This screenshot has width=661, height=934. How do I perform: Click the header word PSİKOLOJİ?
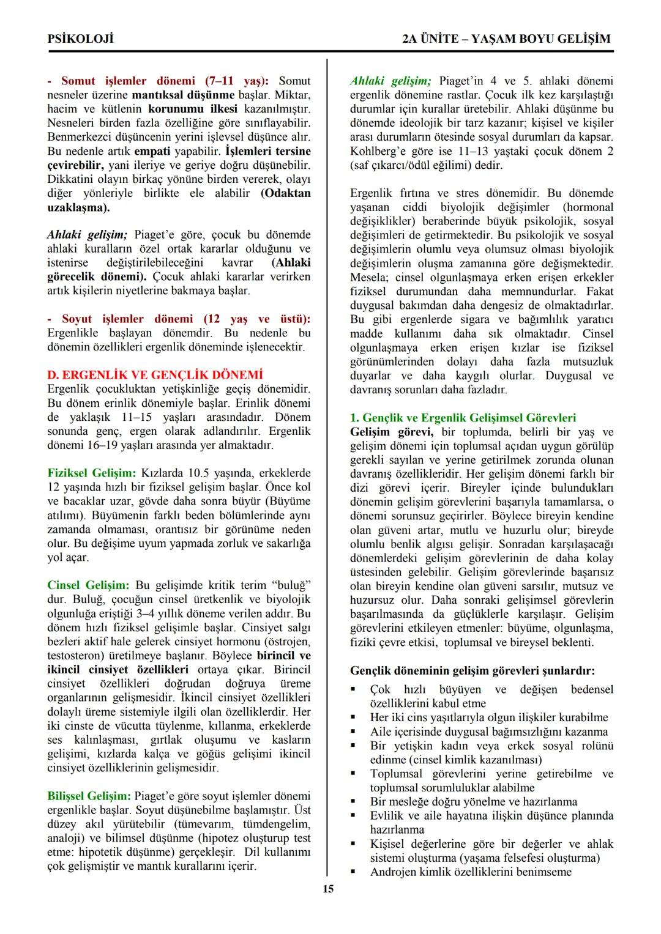[x=81, y=39]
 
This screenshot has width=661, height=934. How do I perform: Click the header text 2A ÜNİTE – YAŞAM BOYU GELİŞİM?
[x=506, y=39]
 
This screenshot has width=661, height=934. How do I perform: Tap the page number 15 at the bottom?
[x=329, y=889]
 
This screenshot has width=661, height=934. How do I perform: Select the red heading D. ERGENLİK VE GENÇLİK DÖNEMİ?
[x=155, y=375]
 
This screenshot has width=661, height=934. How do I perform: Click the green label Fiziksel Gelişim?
[x=92, y=473]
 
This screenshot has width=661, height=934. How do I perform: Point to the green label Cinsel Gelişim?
[x=88, y=585]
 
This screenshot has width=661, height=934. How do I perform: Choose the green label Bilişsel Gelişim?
[x=89, y=796]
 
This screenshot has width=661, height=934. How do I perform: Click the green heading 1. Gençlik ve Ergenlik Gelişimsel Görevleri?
[x=463, y=418]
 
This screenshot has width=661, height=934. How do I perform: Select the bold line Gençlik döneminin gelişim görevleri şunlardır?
[x=472, y=671]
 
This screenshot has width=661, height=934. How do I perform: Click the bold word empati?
[x=152, y=151]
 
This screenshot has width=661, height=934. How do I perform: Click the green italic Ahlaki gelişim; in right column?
[x=390, y=81]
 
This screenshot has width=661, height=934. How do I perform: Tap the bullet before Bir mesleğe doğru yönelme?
[x=353, y=801]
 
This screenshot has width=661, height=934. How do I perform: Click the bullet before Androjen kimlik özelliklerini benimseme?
[x=353, y=872]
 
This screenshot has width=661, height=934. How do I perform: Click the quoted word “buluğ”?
[x=291, y=585]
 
